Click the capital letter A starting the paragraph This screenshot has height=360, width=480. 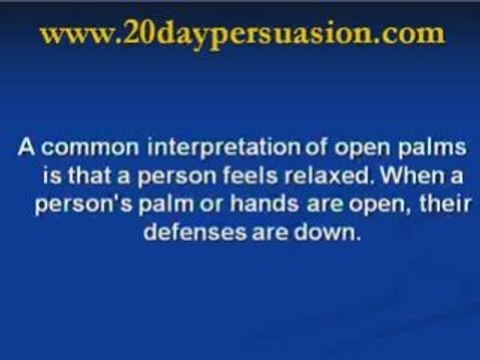(x=24, y=150)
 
